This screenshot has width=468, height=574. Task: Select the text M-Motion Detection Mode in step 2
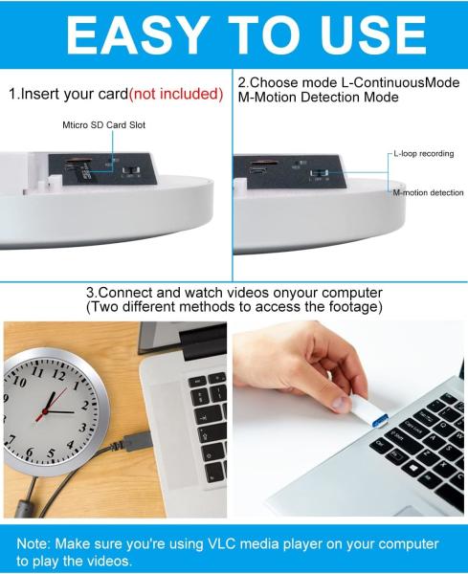pyautogui.click(x=316, y=98)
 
